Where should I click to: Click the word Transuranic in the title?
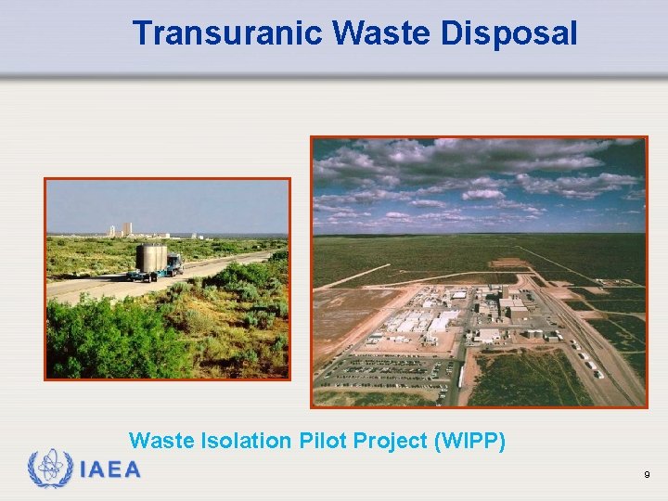coord(226,33)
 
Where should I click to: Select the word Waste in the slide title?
coord(379,33)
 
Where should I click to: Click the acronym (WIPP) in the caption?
coord(470,441)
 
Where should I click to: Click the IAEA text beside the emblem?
coord(110,469)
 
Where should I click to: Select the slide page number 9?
coord(647,475)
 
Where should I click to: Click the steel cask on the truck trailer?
coord(150,257)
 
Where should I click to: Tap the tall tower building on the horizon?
coord(126,228)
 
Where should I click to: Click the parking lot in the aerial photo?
coord(390,371)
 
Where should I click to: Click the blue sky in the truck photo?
coord(167,199)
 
